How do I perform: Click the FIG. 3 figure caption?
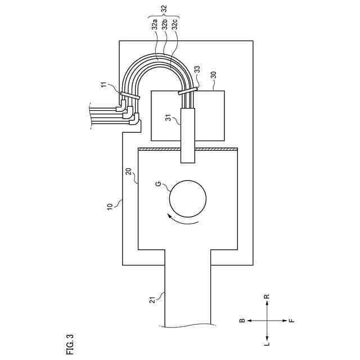[69, 344]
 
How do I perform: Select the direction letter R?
[267, 296]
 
